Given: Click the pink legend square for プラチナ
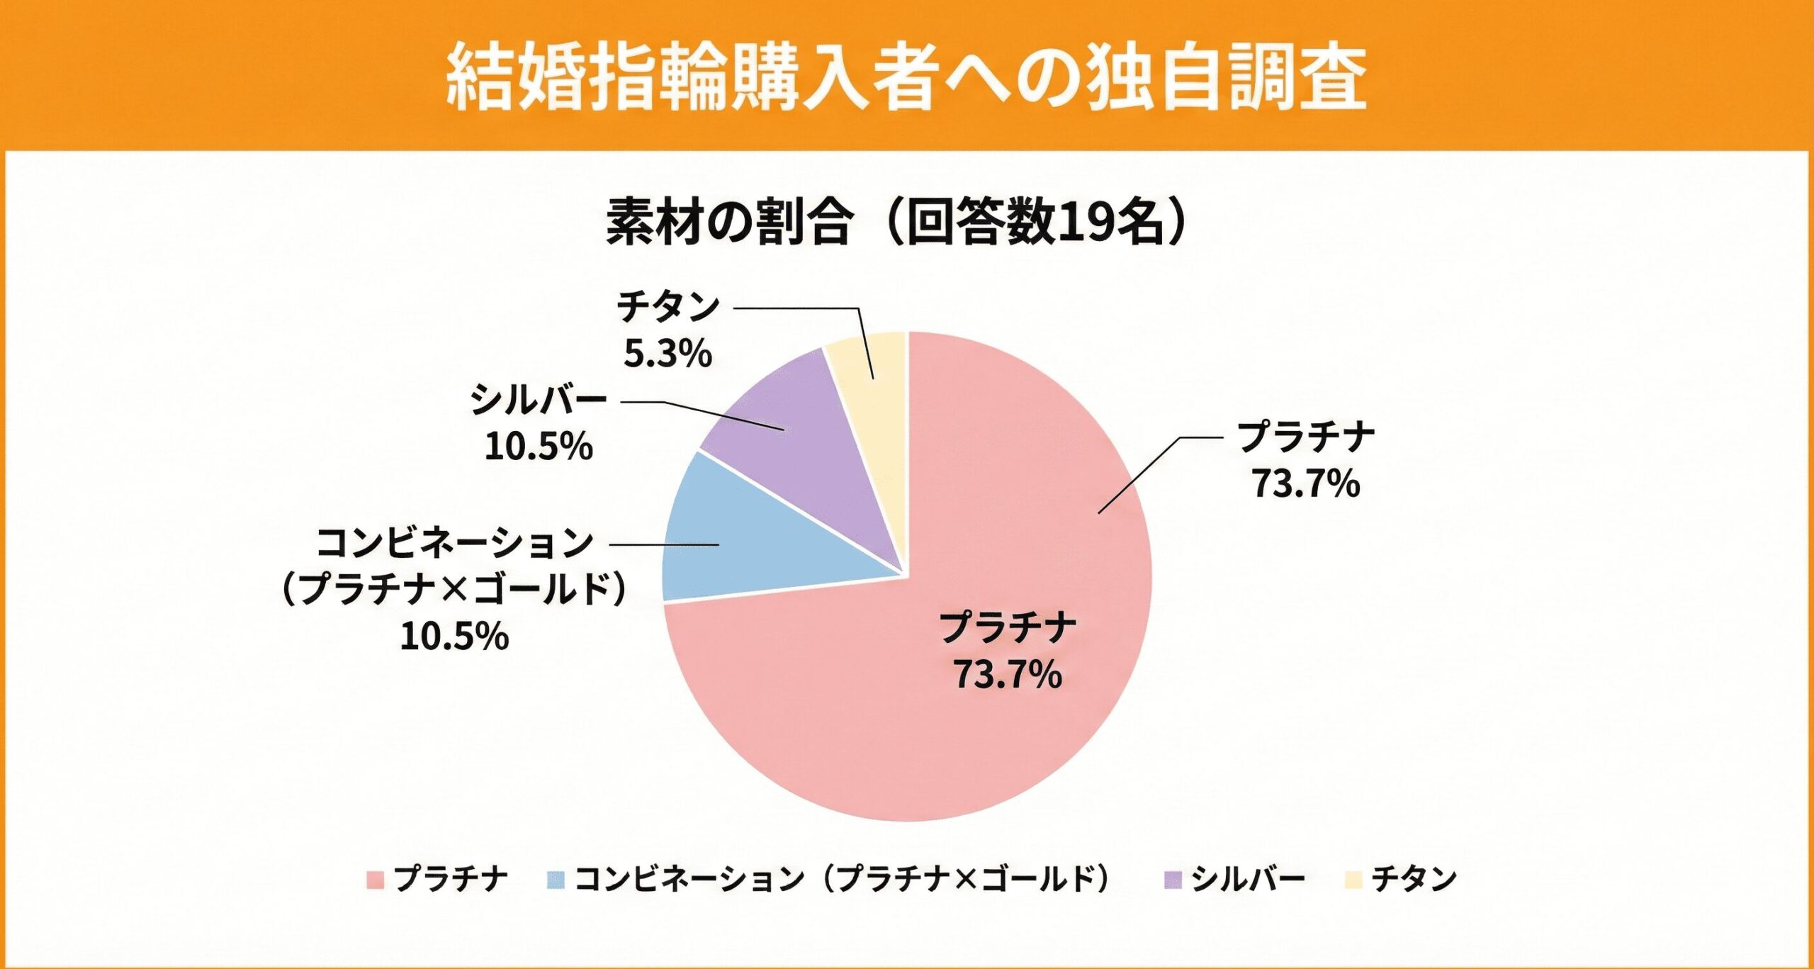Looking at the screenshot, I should (375, 880).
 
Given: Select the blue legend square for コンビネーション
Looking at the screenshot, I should (556, 880).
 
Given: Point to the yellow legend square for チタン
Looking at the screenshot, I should (1353, 880).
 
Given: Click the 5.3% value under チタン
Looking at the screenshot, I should (667, 353).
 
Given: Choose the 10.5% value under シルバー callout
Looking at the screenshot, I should (539, 447).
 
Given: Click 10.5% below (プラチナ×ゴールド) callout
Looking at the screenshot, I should (454, 636).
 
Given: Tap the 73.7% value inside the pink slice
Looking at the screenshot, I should (1007, 674).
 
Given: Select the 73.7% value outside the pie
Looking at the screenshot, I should (1305, 484).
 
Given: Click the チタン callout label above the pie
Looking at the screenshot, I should (667, 308).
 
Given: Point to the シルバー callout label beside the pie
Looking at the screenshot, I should (539, 401).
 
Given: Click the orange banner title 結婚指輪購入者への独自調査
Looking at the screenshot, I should (907, 77).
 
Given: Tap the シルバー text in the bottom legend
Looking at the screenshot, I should (1247, 880).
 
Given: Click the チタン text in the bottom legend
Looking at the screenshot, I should (1414, 880).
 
